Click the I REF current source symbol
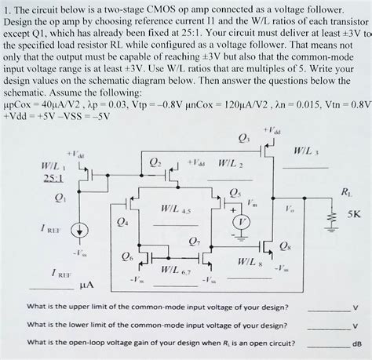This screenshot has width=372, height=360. (80, 231)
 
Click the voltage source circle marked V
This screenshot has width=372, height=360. (242, 223)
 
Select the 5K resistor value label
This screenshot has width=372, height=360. (354, 214)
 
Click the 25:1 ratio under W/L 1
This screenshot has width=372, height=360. (53, 178)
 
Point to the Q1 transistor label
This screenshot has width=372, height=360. (60, 198)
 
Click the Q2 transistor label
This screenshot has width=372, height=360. (155, 163)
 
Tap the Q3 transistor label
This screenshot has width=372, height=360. (244, 139)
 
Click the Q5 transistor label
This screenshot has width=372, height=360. (235, 194)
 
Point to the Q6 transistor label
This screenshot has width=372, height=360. (127, 256)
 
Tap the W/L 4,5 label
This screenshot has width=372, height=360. (176, 209)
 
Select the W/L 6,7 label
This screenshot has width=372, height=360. (176, 270)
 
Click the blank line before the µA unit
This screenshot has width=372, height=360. (52, 289)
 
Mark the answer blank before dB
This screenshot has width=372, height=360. (329, 347)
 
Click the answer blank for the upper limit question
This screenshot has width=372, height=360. (329, 311)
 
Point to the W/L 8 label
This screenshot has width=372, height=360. (250, 262)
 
